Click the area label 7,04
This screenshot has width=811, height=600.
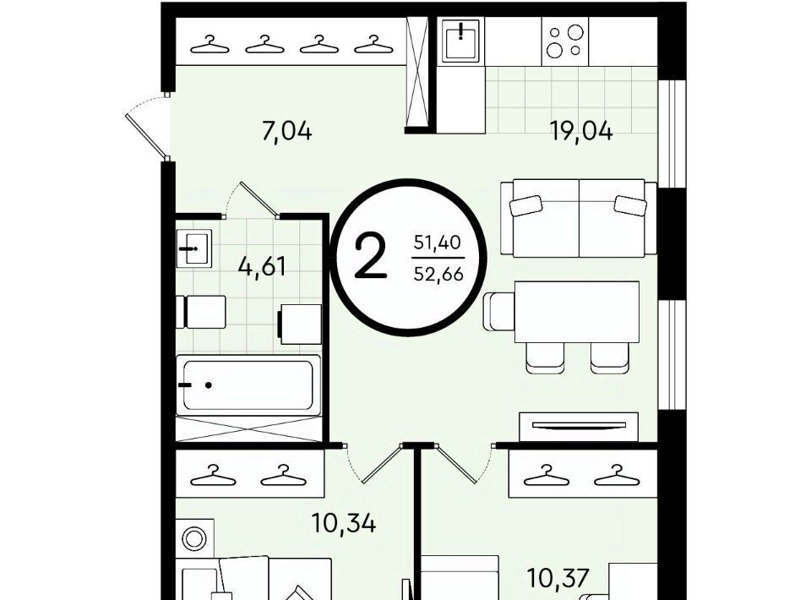click(287, 131)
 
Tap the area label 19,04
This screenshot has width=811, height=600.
click(581, 131)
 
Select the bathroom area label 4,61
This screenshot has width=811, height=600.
click(262, 267)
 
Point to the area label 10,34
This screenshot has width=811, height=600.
click(344, 523)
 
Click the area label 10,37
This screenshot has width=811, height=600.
click(558, 578)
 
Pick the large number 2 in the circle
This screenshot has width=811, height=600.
click(370, 255)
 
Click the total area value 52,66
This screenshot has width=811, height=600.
click(438, 274)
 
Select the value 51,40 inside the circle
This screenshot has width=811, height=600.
click(438, 242)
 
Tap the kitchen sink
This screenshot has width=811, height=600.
click(461, 41)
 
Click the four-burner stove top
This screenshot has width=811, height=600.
click(565, 41)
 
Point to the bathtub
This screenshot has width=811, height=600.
click(248, 385)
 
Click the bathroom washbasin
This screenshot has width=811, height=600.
click(194, 248)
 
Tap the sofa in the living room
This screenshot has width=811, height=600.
click(579, 218)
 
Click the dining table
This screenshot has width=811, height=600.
click(577, 312)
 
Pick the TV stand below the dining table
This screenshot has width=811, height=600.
click(579, 427)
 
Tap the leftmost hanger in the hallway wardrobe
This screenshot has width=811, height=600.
click(210, 45)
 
